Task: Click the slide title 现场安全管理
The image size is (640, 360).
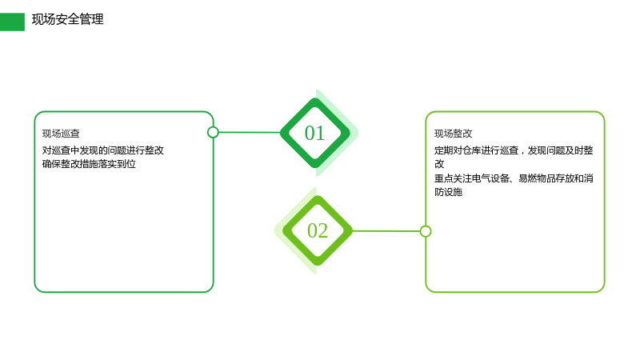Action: click(68, 19)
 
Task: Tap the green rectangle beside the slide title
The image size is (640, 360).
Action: click(12, 22)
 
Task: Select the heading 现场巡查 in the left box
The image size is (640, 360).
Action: click(61, 134)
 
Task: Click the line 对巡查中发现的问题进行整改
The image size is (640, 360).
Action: click(103, 150)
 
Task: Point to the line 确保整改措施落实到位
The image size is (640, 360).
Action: click(89, 164)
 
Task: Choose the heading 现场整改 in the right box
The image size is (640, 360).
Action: click(453, 134)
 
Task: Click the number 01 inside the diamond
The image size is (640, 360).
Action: click(314, 133)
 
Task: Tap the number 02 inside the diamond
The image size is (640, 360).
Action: click(318, 230)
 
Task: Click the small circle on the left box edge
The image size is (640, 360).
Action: click(213, 132)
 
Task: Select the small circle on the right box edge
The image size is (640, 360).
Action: click(426, 231)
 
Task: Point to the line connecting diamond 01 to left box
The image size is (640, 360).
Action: click(250, 132)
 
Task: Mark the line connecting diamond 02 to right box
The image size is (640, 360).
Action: click(386, 231)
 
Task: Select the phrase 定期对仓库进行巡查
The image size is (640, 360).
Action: click(476, 150)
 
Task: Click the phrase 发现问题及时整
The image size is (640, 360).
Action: click(560, 150)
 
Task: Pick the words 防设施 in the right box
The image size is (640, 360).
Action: click(448, 192)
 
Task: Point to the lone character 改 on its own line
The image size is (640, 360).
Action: click(439, 164)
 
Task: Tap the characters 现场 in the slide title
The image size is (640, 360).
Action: click(44, 19)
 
